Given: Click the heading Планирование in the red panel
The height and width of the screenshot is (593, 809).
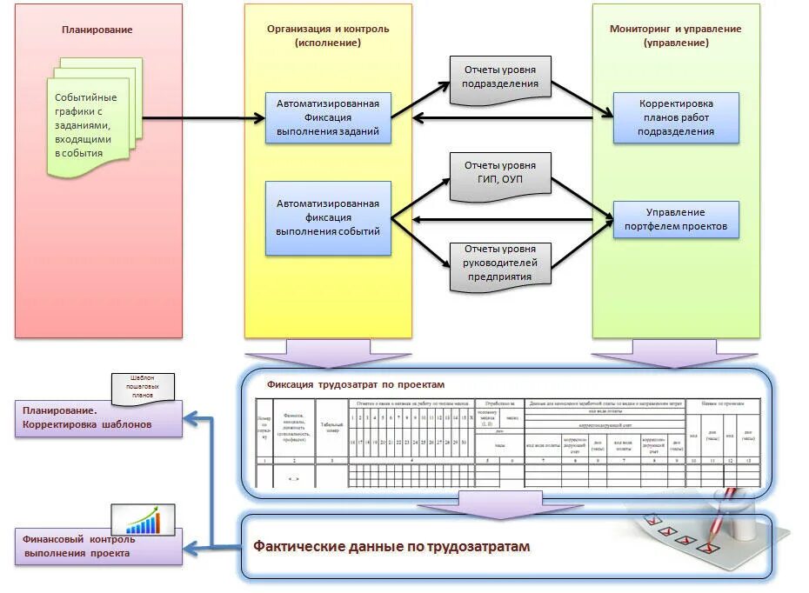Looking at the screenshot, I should point(97,30).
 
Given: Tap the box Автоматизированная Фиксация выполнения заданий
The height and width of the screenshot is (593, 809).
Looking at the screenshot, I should point(328,118).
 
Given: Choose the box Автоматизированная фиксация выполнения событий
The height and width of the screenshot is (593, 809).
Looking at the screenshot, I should point(328,217).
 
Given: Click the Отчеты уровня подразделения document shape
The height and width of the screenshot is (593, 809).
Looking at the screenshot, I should point(500,77).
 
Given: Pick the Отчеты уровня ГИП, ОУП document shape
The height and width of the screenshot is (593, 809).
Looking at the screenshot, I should point(500,172).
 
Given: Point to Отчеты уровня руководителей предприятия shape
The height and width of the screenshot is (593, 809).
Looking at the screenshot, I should point(500,263).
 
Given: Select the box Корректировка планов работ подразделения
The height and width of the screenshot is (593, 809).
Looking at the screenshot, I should point(676,117).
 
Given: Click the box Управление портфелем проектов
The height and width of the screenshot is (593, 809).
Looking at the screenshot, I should point(676,220).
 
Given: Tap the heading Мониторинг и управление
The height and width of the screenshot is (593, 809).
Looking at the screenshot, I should point(676,35).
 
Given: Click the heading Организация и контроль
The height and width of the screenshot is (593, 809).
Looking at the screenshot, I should point(328,35).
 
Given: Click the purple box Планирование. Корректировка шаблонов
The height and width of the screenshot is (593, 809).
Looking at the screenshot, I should point(97,418).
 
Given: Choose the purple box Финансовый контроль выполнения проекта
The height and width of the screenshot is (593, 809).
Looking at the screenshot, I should point(97,546).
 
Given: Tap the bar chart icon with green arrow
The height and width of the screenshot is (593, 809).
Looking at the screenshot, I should point(143,518).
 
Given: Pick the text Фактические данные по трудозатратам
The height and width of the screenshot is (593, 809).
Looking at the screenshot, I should point(391,546).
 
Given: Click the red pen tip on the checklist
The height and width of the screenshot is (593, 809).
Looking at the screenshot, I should point(706,549).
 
